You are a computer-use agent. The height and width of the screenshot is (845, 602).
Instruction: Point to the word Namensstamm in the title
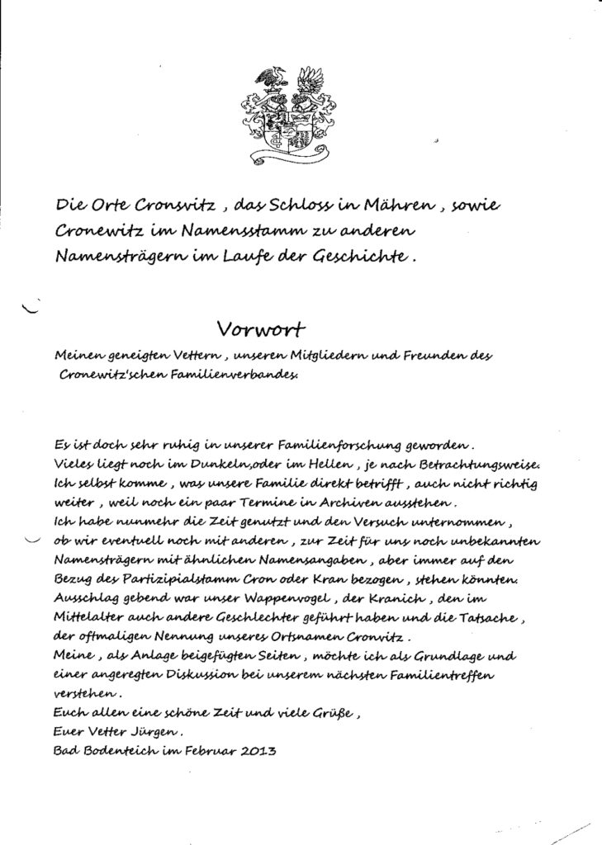click(x=238, y=231)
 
